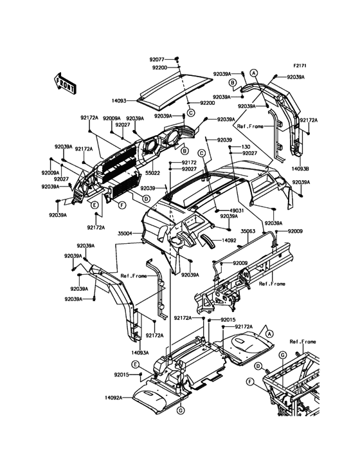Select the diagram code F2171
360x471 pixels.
[x=300, y=66]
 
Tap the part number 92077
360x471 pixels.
[x=157, y=59]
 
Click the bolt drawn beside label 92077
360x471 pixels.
[x=177, y=59]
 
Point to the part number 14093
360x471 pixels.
[x=119, y=101]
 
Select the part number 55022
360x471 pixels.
[x=153, y=173]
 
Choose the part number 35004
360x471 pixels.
[x=125, y=233]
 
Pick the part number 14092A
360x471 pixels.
[x=113, y=398]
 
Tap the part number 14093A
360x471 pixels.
[x=139, y=353]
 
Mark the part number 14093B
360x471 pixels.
[x=300, y=169]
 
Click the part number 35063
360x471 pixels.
[x=248, y=231]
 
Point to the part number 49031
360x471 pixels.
[x=237, y=211]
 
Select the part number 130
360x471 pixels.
[x=246, y=147]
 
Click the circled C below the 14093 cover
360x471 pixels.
[x=191, y=113]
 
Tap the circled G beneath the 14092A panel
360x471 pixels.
[x=180, y=410]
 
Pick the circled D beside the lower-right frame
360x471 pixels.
[x=258, y=366]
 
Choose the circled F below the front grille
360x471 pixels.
[x=122, y=205]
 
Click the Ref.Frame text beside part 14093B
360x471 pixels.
[x=250, y=127]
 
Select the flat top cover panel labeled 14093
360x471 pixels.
[x=175, y=90]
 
